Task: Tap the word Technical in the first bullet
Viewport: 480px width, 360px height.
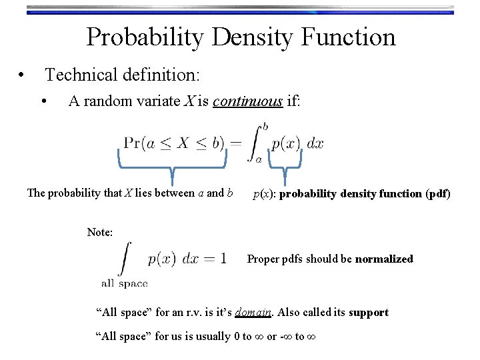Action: coord(84,75)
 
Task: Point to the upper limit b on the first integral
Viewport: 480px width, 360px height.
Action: coord(266,125)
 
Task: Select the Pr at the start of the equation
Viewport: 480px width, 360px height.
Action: coord(132,143)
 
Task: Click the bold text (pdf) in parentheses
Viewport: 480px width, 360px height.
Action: coord(438,194)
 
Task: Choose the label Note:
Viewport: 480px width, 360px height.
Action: coord(100,232)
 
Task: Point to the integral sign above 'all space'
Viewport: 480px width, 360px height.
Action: coord(125,259)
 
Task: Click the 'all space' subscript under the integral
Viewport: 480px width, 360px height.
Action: coord(124,283)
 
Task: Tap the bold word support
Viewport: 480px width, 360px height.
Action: coord(368,312)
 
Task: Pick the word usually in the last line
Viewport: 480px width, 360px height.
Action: coord(213,336)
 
